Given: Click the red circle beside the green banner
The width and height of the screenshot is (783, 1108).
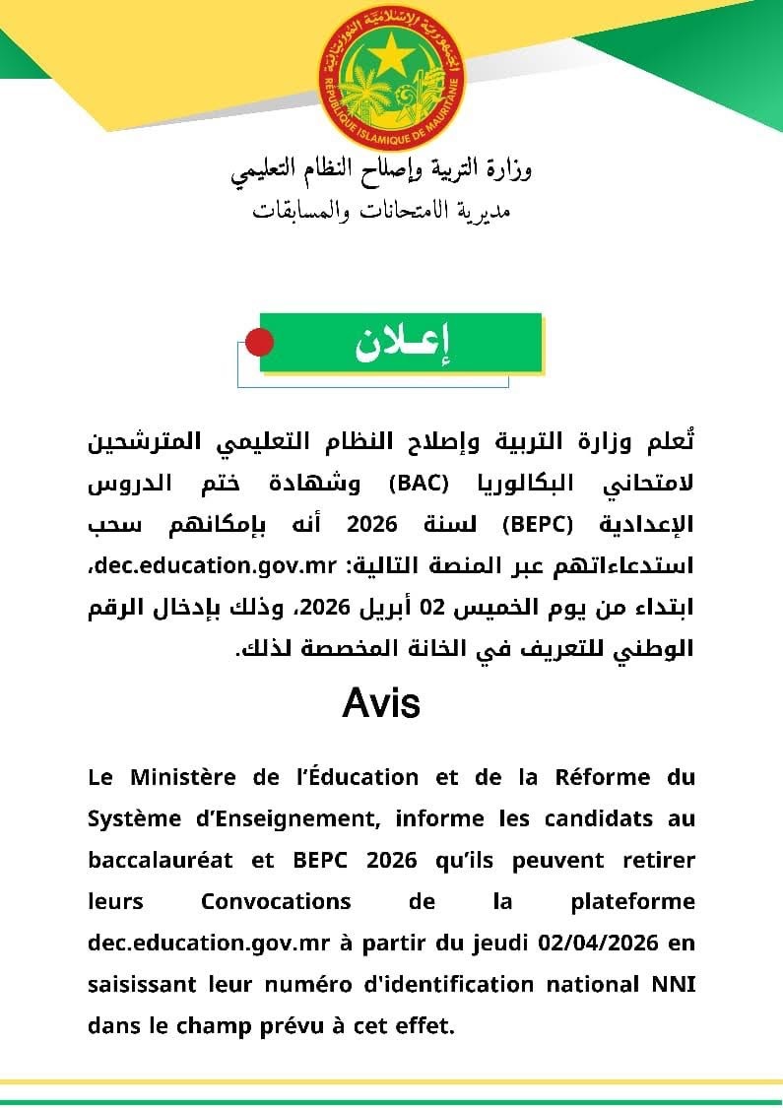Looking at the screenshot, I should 258,343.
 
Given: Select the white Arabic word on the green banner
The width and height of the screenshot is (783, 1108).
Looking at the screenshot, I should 402,343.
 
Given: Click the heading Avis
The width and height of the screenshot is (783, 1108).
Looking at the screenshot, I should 381,703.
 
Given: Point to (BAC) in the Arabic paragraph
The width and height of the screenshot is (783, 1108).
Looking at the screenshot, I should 420,484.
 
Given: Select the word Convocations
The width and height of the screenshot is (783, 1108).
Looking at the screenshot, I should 276,901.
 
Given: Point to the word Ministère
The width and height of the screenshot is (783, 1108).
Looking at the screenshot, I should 181,777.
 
